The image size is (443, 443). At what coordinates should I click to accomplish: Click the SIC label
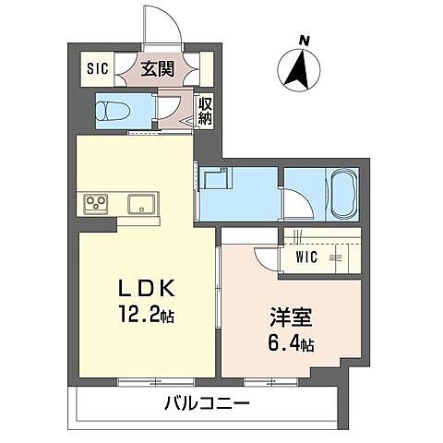pos(97,68)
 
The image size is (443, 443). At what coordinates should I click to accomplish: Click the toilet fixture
pos(112,112)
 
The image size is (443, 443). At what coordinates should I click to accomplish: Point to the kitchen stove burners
pos(97,203)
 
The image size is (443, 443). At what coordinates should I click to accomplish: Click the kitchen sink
pos(140,203)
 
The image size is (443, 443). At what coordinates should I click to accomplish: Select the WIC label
pos(307,257)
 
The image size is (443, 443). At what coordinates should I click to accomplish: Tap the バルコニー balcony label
pos(208,403)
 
